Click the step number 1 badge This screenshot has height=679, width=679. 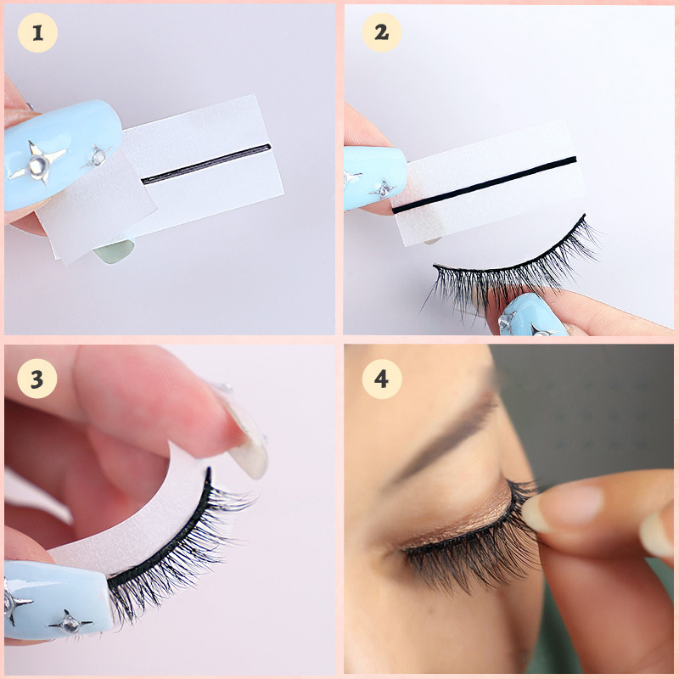click(37, 33)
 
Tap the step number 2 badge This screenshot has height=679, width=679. click(381, 32)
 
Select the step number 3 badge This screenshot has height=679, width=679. click(37, 379)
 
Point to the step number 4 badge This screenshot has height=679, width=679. click(382, 379)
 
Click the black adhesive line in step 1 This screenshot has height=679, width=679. click(206, 164)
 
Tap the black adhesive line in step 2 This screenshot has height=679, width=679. click(484, 185)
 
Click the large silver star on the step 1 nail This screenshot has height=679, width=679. click(38, 162)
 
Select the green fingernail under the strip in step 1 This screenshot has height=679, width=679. click(115, 250)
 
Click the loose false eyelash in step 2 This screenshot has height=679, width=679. click(511, 268)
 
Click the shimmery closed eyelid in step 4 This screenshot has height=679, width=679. click(459, 519)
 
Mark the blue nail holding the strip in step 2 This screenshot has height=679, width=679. click(373, 178)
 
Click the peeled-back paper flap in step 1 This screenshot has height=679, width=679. click(98, 204)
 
